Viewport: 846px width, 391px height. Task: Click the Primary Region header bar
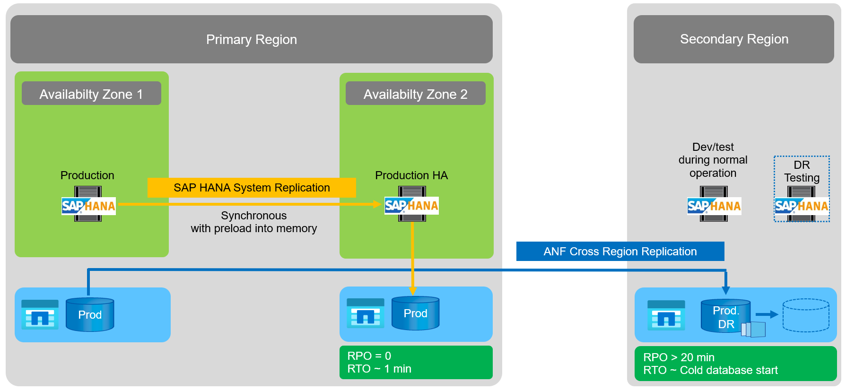click(251, 39)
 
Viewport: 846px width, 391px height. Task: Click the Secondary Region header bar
click(733, 39)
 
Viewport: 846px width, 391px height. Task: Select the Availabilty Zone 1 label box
click(91, 94)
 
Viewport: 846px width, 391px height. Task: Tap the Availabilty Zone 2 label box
click(415, 94)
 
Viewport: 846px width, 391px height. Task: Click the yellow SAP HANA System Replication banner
click(252, 188)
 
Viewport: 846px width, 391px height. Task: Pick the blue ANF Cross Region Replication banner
click(620, 252)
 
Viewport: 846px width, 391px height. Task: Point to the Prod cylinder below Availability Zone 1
click(90, 314)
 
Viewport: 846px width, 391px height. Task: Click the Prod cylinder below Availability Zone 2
click(415, 313)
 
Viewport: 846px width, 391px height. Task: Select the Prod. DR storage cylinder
click(725, 316)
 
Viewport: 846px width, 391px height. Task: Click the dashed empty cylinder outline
click(806, 315)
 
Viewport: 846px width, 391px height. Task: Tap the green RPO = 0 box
click(416, 362)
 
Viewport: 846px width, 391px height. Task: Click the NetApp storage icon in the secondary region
click(666, 315)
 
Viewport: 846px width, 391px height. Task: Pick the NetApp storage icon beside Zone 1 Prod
click(40, 314)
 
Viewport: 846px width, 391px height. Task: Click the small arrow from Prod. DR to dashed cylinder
click(767, 314)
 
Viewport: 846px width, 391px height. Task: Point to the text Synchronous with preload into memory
click(253, 222)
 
